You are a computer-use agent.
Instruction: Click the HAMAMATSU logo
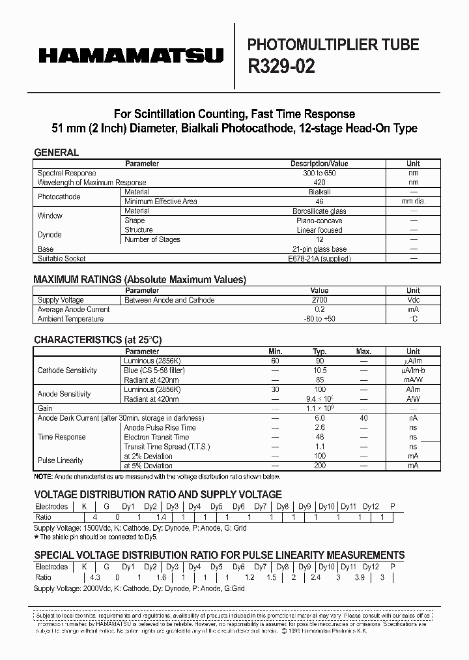[130, 56]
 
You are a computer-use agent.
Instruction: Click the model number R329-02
[281, 68]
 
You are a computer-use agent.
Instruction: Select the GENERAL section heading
[56, 153]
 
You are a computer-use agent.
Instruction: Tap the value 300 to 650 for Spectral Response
[319, 173]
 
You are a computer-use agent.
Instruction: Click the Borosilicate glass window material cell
[319, 211]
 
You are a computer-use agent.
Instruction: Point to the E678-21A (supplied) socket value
[319, 259]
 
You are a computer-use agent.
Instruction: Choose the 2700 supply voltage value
[319, 300]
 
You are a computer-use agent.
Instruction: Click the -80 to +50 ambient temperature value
[319, 319]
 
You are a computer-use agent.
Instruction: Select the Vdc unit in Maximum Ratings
[413, 300]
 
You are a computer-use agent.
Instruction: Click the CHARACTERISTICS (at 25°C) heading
[98, 340]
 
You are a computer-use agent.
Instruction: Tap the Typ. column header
[319, 352]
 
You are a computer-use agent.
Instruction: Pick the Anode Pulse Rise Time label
[160, 428]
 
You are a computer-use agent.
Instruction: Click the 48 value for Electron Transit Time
[320, 438]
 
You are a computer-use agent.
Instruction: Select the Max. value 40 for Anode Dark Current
[363, 418]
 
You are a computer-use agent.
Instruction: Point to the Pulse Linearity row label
[61, 460]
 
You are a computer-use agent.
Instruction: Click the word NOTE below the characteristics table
[43, 476]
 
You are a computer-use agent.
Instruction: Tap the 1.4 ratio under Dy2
[162, 517]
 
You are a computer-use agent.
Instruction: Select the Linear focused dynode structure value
[319, 230]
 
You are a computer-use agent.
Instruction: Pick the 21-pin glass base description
[319, 249]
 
